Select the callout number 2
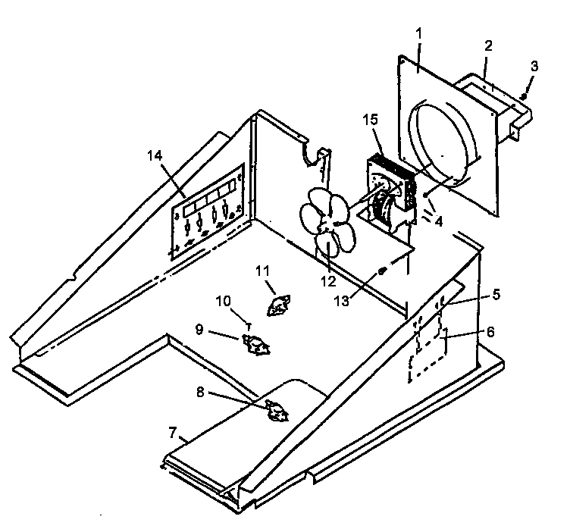[489, 45]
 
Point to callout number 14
[155, 155]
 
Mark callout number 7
[173, 434]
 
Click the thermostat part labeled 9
[255, 345]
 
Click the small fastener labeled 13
[383, 271]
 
